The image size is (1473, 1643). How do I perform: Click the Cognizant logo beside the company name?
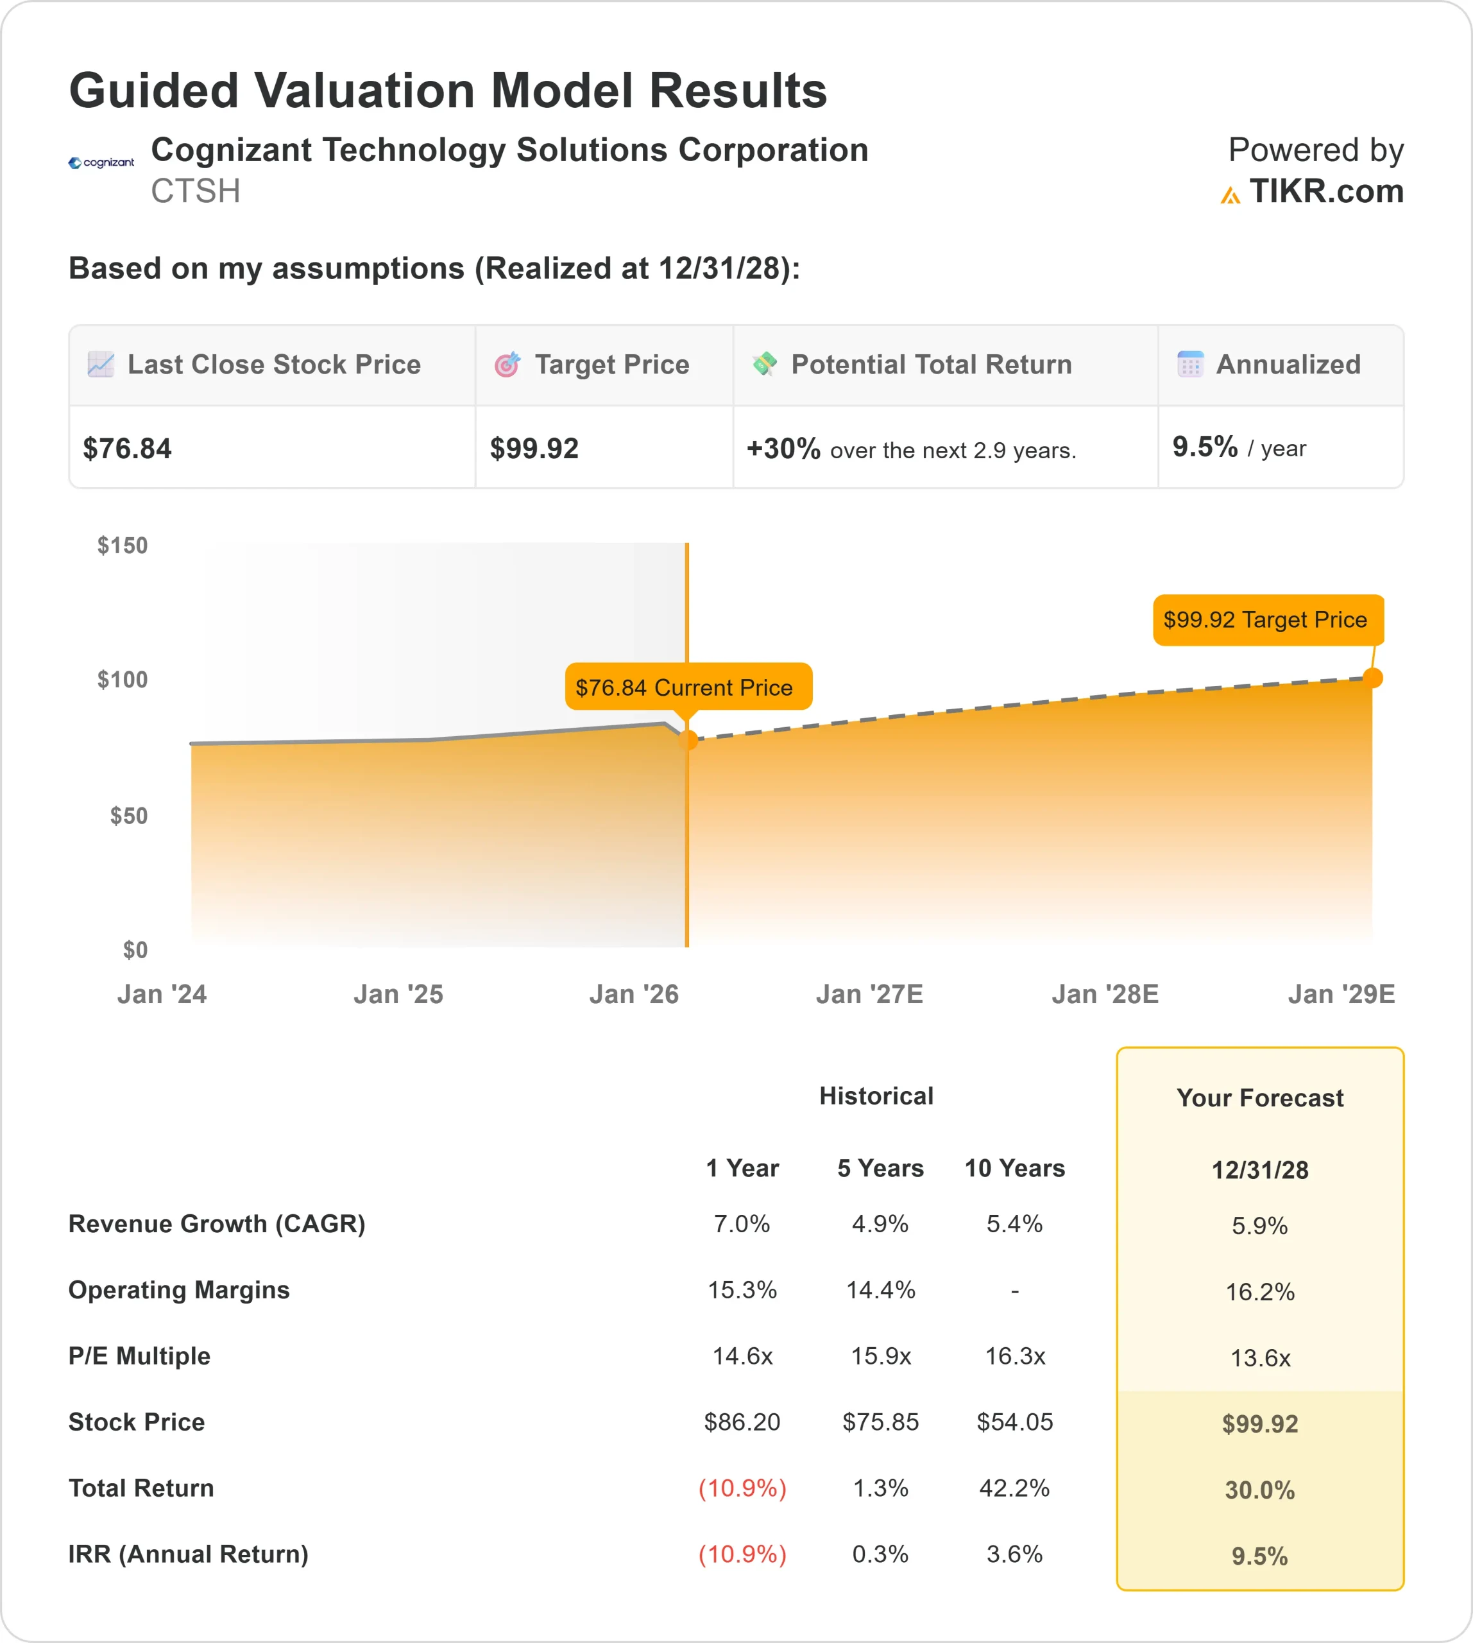(x=101, y=163)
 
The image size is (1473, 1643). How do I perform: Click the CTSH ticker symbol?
(x=195, y=192)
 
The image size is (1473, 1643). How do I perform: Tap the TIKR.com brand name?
(x=1325, y=192)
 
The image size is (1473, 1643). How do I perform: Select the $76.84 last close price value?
(x=127, y=449)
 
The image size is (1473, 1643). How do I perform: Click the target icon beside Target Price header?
(x=507, y=365)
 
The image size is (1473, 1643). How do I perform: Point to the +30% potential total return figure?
(x=783, y=449)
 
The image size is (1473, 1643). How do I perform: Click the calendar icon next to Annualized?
(x=1189, y=365)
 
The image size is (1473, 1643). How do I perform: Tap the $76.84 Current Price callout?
(x=688, y=687)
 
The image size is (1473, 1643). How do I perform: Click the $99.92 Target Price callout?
(x=1268, y=620)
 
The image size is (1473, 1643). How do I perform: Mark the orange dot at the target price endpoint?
(x=1373, y=678)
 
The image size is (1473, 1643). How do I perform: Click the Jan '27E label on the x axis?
(x=869, y=994)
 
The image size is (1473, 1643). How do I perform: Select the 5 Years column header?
(x=880, y=1169)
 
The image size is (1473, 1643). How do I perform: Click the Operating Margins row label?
(x=179, y=1290)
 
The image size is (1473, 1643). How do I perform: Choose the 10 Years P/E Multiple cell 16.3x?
(x=1015, y=1356)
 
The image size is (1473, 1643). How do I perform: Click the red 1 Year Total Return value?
(x=742, y=1488)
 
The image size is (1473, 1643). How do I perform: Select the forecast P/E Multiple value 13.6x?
(x=1260, y=1358)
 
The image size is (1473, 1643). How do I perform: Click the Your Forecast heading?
(x=1260, y=1098)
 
